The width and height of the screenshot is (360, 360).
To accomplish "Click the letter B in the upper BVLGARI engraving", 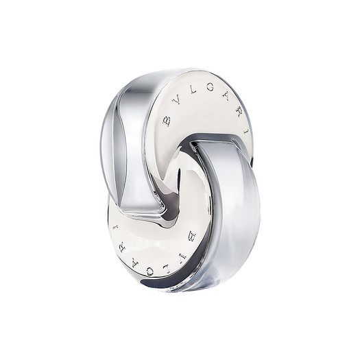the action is tap(167, 121).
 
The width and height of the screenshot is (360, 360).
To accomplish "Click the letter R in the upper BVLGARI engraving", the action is tap(241, 112).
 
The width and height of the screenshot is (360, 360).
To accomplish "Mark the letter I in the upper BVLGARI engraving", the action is tap(247, 132).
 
